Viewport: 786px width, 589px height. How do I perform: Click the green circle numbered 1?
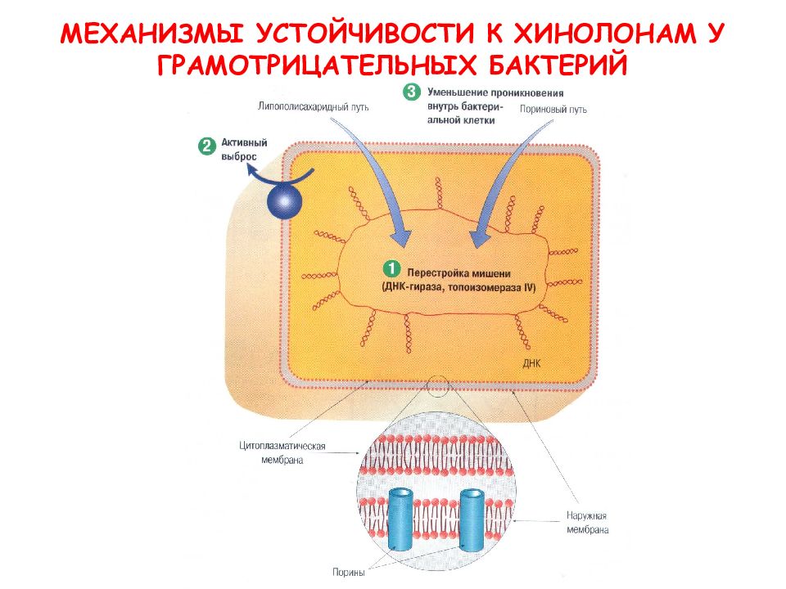point(391,268)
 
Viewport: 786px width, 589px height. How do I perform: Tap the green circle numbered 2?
point(206,146)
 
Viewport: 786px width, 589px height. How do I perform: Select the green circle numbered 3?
point(412,92)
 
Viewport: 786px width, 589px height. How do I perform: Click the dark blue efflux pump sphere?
point(284,201)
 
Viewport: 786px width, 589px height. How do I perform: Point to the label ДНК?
point(532,363)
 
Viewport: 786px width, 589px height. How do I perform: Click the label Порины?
point(349,572)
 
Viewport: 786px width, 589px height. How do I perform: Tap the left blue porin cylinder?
point(400,520)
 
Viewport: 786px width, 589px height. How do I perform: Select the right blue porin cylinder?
point(472,520)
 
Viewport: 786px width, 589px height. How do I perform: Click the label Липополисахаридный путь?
point(314,106)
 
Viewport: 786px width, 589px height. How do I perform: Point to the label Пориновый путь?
point(553,109)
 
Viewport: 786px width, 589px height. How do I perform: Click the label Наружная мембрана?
point(587,523)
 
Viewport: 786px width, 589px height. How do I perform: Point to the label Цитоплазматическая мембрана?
point(282,452)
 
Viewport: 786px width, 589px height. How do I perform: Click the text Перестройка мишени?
point(458,273)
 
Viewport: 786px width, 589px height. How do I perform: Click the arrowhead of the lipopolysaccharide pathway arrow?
point(402,237)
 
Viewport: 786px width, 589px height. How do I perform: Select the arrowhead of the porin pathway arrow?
point(478,238)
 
